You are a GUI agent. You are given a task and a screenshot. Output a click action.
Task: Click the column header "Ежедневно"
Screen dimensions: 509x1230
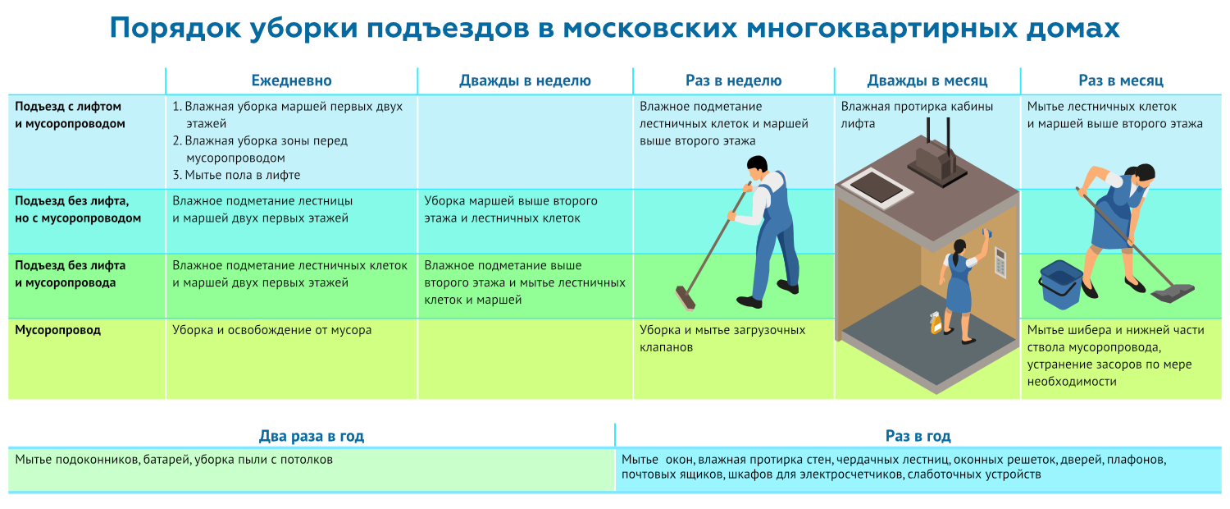click(x=291, y=80)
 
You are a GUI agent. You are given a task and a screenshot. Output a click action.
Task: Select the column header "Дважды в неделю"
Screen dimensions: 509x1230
click(x=525, y=80)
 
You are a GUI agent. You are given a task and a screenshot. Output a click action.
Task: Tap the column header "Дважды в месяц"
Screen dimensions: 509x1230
click(x=927, y=80)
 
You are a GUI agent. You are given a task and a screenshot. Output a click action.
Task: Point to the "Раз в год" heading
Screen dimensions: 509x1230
click(x=918, y=436)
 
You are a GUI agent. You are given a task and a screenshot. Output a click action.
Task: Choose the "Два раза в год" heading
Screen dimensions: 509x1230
click(x=312, y=436)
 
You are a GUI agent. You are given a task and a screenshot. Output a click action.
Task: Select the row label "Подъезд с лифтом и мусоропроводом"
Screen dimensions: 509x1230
click(x=69, y=115)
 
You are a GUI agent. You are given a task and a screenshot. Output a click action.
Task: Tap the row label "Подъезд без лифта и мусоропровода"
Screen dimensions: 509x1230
click(x=71, y=274)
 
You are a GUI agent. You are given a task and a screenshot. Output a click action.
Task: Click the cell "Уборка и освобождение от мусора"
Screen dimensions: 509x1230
click(x=272, y=330)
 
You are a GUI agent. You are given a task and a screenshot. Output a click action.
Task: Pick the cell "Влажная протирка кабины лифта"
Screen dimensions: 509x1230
click(x=917, y=115)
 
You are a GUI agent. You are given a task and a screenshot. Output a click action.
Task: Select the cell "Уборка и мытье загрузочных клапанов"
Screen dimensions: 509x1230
click(x=722, y=338)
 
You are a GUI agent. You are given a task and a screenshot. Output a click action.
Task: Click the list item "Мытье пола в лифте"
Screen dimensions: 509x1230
click(x=236, y=175)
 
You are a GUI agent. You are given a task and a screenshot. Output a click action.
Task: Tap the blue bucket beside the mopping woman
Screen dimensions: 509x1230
click(x=1059, y=283)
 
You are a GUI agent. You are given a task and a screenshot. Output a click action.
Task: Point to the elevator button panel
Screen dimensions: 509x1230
click(x=1000, y=262)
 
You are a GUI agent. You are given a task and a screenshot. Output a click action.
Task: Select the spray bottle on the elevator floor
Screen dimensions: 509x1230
click(x=936, y=322)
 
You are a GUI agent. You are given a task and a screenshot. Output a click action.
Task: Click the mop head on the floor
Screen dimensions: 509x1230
click(x=1173, y=290)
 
